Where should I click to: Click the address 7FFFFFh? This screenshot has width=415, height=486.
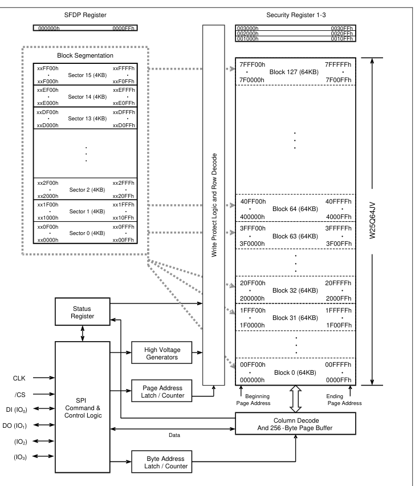[338, 64]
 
